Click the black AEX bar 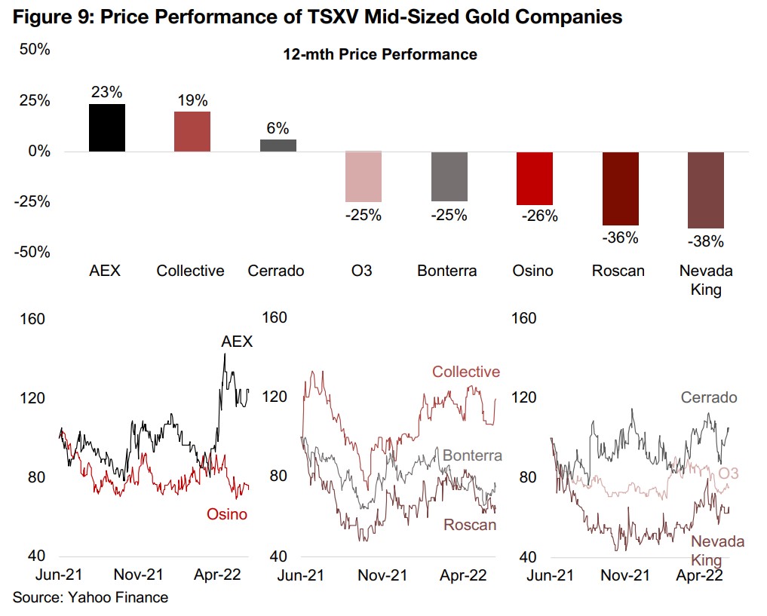107,127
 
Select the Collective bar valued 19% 192,131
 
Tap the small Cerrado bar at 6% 278,145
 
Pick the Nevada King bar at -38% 706,189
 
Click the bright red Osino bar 535,178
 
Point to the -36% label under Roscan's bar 620,238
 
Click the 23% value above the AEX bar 107,93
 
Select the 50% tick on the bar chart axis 35,51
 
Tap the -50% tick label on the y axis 32,252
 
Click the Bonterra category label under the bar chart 447,271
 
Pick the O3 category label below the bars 362,271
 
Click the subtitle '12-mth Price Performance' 380,54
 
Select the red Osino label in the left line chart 227,514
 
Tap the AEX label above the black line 237,342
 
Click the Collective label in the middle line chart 465,372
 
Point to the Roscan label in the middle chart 470,525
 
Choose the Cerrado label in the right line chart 709,397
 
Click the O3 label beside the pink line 728,473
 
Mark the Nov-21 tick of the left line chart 143,575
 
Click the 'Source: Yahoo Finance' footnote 90,597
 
